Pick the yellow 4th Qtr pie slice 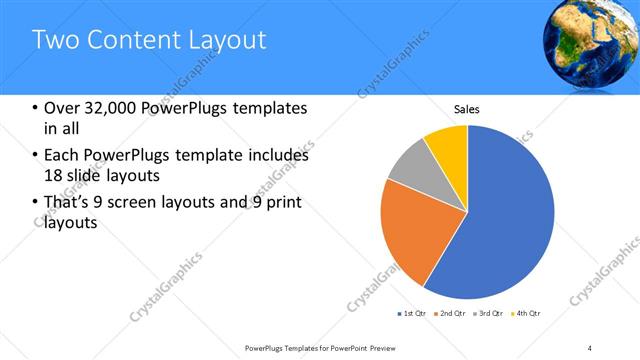[447, 146]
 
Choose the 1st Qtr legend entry [413, 314]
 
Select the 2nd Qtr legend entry [452, 314]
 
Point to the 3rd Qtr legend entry [490, 314]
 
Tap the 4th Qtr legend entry [527, 314]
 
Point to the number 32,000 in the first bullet [109, 108]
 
